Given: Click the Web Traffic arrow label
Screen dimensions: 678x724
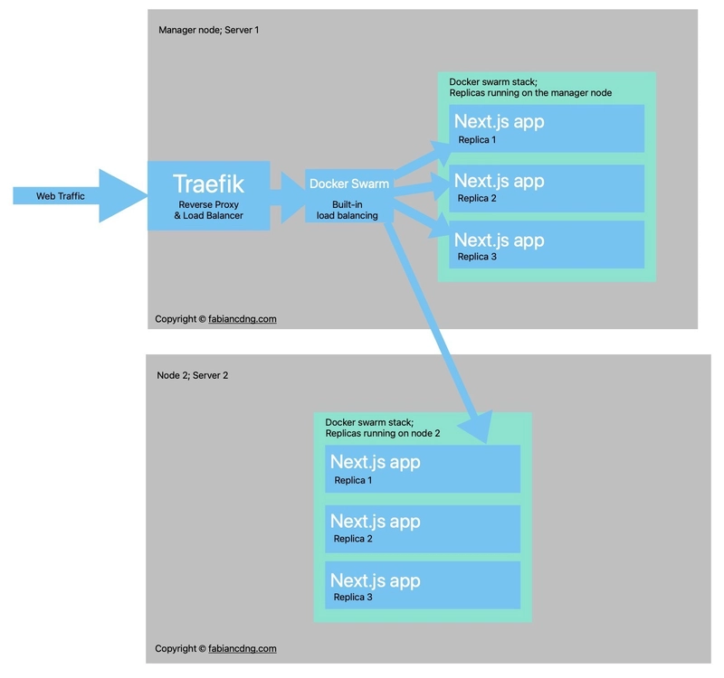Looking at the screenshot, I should tap(61, 196).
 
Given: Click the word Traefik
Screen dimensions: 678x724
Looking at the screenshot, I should tap(208, 184).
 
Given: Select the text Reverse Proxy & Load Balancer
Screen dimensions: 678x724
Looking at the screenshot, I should tap(208, 211).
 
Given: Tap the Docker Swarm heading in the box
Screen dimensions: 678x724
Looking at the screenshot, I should tap(349, 184).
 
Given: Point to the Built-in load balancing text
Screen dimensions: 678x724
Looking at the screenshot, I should tap(348, 211).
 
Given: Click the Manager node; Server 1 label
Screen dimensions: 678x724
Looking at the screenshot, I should tap(208, 30).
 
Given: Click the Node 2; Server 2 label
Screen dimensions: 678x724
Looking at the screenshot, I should tap(193, 374).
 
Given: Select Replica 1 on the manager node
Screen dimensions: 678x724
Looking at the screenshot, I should tap(476, 140).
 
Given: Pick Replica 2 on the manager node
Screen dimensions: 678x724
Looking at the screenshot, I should tap(476, 199).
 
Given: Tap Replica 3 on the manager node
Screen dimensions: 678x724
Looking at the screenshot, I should tap(476, 257).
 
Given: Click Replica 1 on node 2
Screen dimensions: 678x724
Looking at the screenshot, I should tap(354, 481).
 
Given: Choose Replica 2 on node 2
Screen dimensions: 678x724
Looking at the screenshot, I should tap(354, 539).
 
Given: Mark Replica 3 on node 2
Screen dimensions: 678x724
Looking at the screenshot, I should tap(354, 598).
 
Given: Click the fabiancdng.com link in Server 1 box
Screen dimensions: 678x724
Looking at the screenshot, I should tap(243, 319).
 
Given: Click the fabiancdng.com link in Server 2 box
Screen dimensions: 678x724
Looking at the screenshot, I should tap(243, 649).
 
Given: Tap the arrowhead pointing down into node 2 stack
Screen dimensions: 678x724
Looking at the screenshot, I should tap(477, 426).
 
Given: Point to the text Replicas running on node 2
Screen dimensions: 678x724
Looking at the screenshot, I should tap(383, 434).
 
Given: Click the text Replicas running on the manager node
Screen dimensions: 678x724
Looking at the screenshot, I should tap(530, 93).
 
